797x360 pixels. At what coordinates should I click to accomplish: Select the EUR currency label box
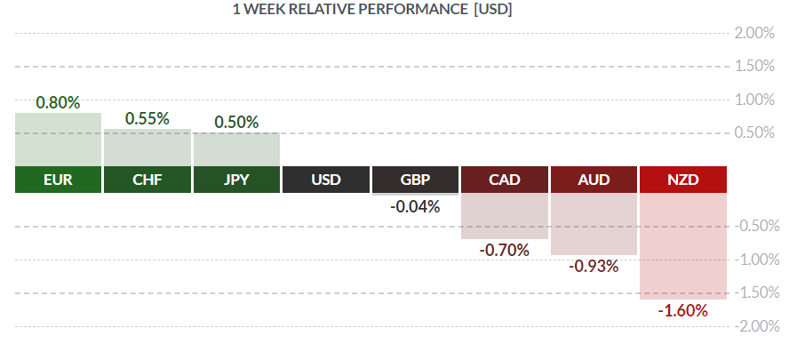click(x=58, y=180)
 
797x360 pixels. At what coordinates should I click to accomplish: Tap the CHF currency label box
click(x=147, y=180)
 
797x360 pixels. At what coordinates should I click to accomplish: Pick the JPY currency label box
click(x=236, y=180)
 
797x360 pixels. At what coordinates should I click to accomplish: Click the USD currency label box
click(x=326, y=180)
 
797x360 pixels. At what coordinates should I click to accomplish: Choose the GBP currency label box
click(x=415, y=180)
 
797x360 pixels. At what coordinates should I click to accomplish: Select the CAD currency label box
click(x=505, y=180)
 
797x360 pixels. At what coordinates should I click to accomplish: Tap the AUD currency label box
click(x=594, y=180)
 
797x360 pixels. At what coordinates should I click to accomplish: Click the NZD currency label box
click(x=683, y=180)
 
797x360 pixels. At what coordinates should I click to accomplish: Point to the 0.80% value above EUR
click(x=58, y=102)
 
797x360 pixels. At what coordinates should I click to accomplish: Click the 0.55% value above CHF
click(x=147, y=117)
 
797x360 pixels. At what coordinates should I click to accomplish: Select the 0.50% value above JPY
click(x=236, y=122)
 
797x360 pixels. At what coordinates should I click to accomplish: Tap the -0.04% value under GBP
click(x=415, y=207)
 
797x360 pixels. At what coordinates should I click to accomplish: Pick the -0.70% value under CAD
click(x=505, y=251)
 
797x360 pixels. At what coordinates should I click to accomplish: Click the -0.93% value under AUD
click(x=594, y=266)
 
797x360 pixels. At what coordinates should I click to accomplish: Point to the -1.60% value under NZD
click(x=683, y=310)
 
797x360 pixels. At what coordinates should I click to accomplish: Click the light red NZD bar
click(x=683, y=245)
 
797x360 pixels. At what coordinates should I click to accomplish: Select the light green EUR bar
click(x=58, y=140)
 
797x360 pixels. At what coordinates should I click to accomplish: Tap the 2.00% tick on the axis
click(x=754, y=33)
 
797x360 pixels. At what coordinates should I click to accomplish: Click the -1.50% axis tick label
click(x=754, y=292)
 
